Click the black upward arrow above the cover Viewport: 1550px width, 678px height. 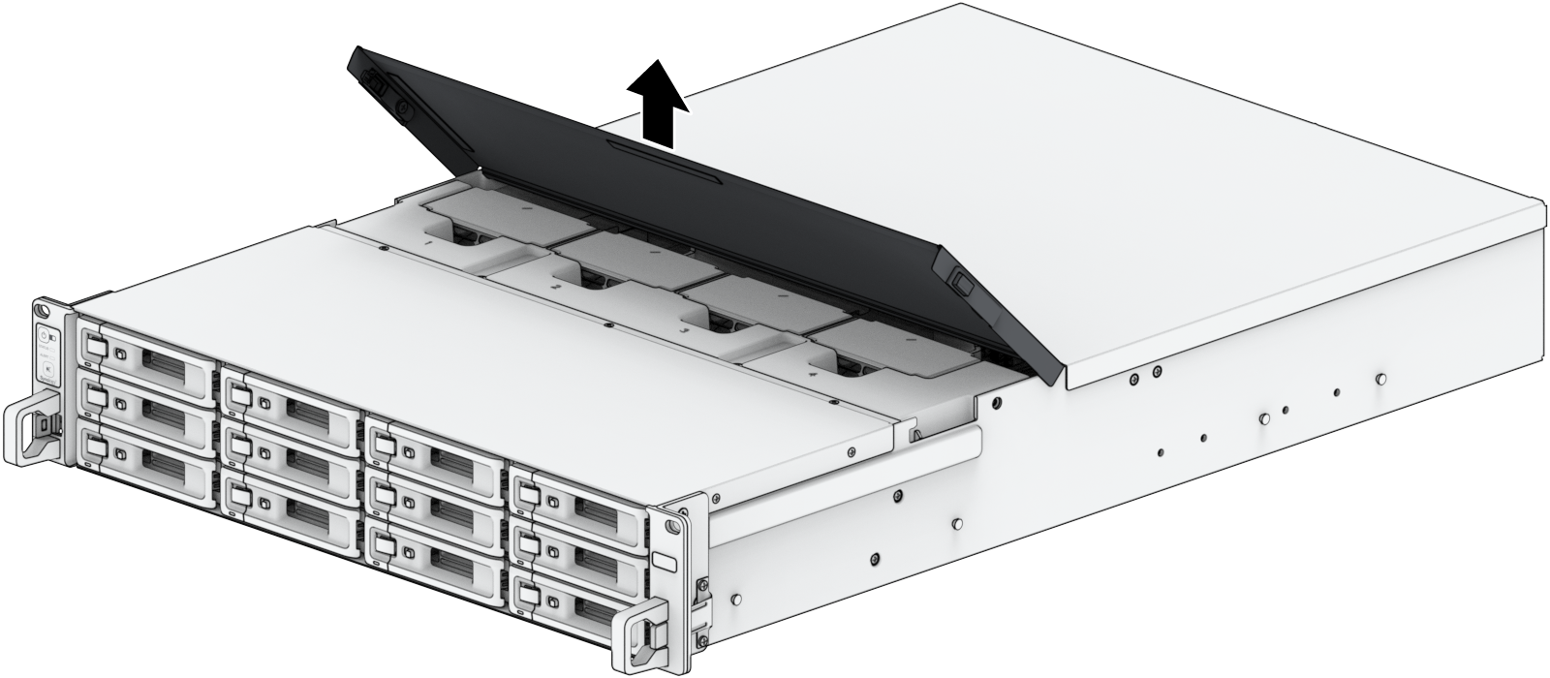click(655, 101)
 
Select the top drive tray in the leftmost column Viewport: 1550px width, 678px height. click(145, 352)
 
